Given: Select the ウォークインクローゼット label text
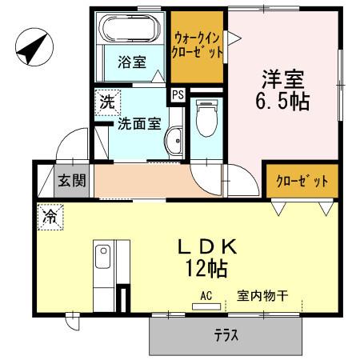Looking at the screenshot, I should [197, 47].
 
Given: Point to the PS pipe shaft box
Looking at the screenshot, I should [178, 94].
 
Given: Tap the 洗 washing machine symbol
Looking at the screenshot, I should [106, 102].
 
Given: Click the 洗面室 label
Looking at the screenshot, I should [139, 124].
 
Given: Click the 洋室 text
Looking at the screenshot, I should [284, 79].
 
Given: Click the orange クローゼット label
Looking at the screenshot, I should [297, 182].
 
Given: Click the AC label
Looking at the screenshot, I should [206, 295].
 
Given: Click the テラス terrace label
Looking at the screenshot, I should [226, 336].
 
